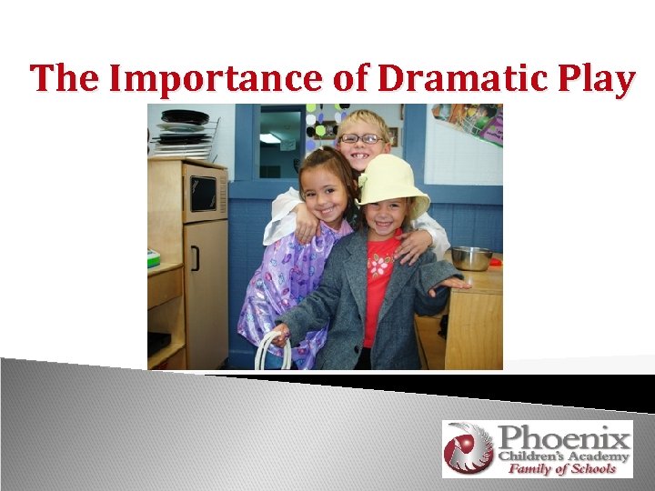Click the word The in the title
[x=66, y=80]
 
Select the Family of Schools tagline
[x=561, y=469]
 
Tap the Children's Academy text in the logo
[x=563, y=455]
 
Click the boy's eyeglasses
[x=361, y=139]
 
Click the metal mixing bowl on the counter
[x=471, y=258]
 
